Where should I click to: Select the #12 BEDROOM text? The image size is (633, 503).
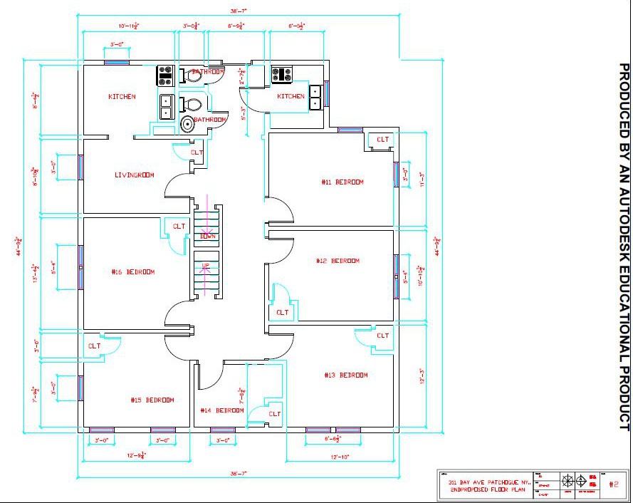(338, 261)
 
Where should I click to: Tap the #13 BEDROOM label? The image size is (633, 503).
(346, 375)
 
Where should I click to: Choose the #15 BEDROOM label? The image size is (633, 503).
(152, 400)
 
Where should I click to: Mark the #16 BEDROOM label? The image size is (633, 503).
(133, 271)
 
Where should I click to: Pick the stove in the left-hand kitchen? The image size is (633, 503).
(166, 73)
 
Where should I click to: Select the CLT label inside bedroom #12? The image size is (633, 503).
(282, 312)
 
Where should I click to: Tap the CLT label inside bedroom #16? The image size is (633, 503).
(178, 227)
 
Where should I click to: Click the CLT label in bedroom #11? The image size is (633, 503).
(382, 140)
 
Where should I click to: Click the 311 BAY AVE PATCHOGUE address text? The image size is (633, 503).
(488, 482)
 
